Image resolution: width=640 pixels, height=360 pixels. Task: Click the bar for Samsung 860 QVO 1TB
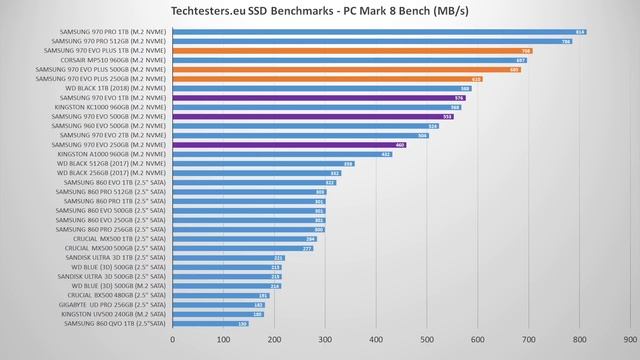pos(211,323)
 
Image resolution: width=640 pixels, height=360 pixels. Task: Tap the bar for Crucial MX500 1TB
pos(245,239)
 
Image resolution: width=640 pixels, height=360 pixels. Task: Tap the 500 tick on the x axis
pos(427,339)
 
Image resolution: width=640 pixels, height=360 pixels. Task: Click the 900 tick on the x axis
pos(630,339)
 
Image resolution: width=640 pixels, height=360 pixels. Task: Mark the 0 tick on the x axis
pos(173,339)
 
